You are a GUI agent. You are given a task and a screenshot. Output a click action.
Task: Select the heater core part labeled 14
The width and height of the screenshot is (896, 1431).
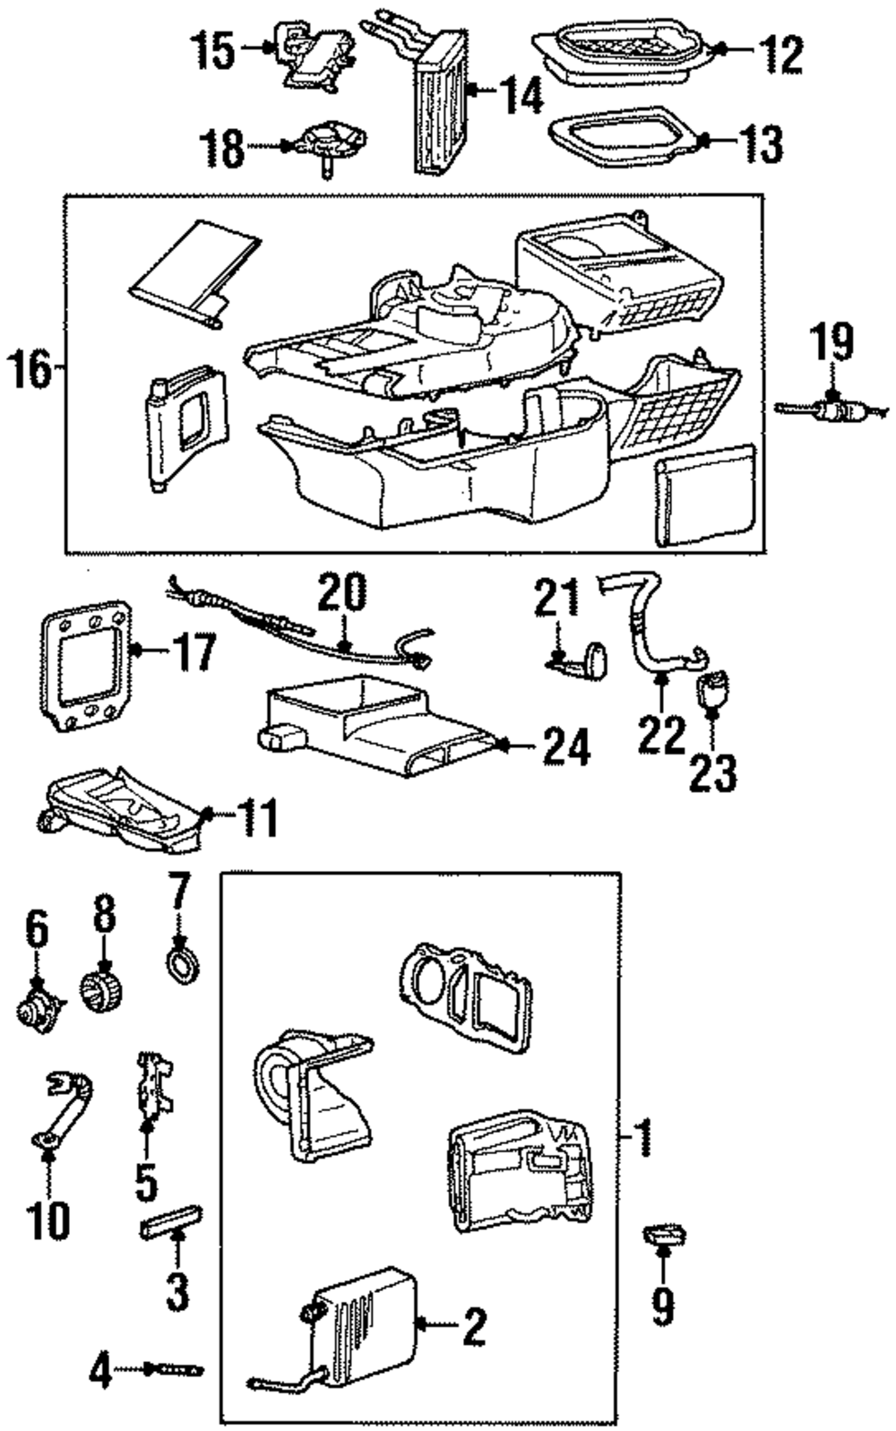441,103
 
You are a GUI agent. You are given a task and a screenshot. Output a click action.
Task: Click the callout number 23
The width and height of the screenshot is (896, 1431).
713,772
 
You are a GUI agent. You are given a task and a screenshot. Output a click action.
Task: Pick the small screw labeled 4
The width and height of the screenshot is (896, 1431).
180,1369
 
